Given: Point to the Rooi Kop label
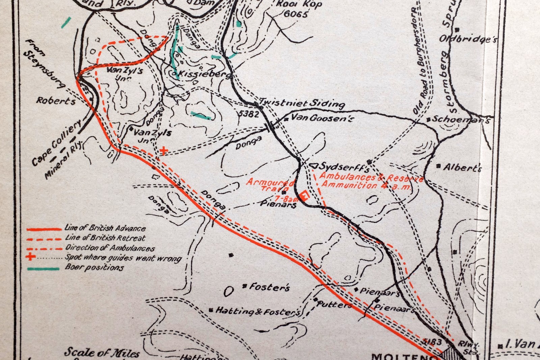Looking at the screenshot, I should [299, 4].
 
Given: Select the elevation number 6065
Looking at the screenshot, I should [296, 14].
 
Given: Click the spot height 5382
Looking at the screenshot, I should [248, 114].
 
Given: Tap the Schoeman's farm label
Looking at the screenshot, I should [461, 119].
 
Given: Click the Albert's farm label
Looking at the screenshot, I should [462, 167].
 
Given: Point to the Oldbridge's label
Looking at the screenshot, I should [468, 39].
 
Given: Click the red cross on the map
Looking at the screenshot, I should [164, 151].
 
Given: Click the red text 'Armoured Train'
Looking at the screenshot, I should [270, 185].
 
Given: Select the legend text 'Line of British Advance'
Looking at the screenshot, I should [105, 228].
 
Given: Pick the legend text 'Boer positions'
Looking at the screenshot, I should [94, 267].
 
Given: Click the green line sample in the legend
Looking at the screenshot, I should [43, 269].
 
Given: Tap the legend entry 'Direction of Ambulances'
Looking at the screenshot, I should [110, 248].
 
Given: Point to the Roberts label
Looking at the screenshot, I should [56, 101].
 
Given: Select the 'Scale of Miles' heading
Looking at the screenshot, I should [102, 353].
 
